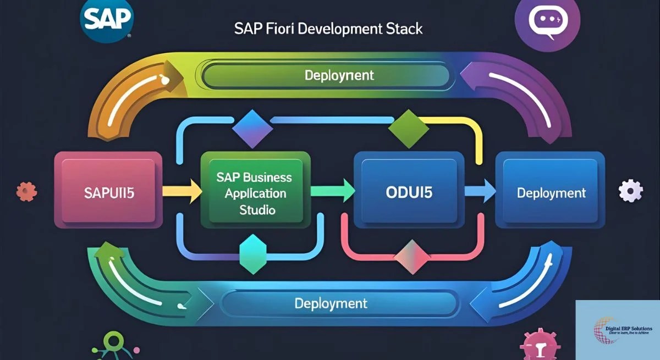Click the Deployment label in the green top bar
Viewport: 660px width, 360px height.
point(339,75)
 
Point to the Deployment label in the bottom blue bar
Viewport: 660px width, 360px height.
point(331,303)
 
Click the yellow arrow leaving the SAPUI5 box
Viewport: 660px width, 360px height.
point(182,191)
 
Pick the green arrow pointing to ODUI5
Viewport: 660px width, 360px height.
point(332,191)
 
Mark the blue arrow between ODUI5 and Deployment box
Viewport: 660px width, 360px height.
point(478,191)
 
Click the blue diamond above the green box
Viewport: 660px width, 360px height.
point(252,128)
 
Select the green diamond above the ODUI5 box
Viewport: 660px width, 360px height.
point(408,128)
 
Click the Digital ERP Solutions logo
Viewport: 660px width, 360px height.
point(618,329)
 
